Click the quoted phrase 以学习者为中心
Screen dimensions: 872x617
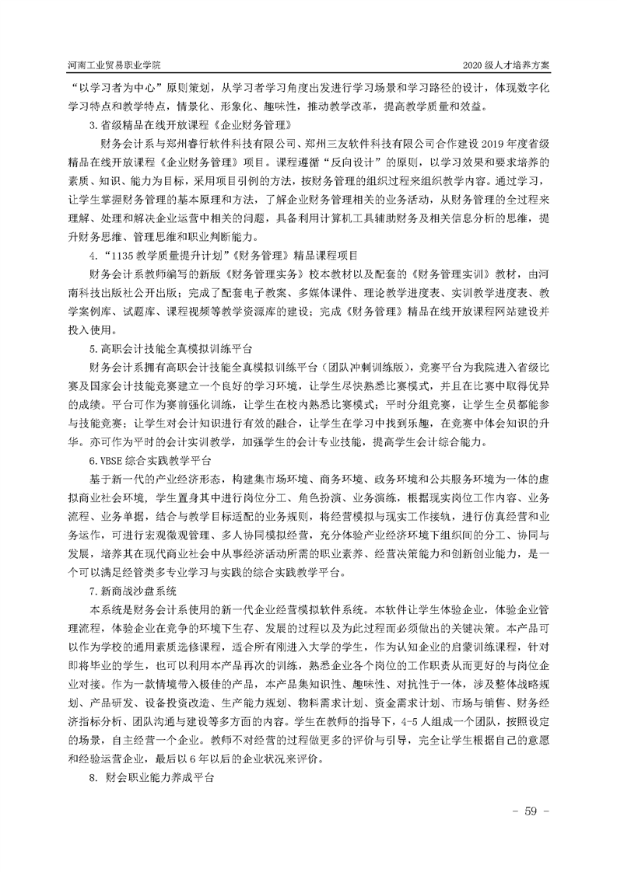[111, 87]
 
